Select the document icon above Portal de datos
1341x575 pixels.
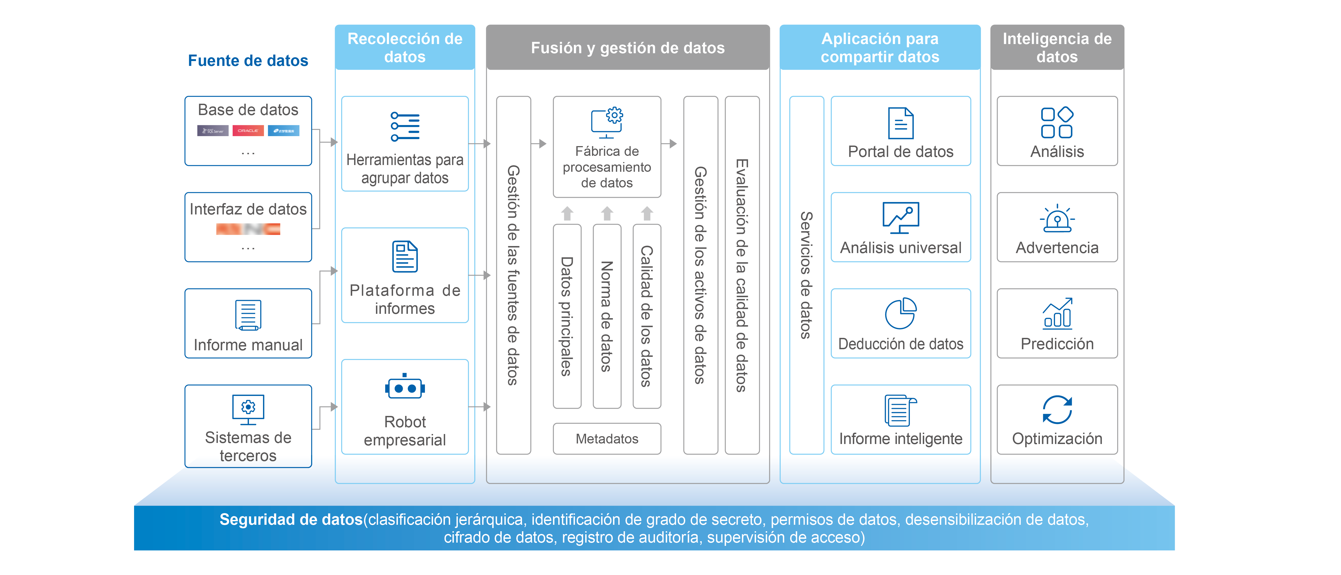click(901, 123)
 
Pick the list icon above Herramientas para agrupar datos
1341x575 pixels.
click(405, 126)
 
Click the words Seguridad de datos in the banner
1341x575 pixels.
click(291, 519)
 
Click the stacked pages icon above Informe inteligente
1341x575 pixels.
click(901, 410)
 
